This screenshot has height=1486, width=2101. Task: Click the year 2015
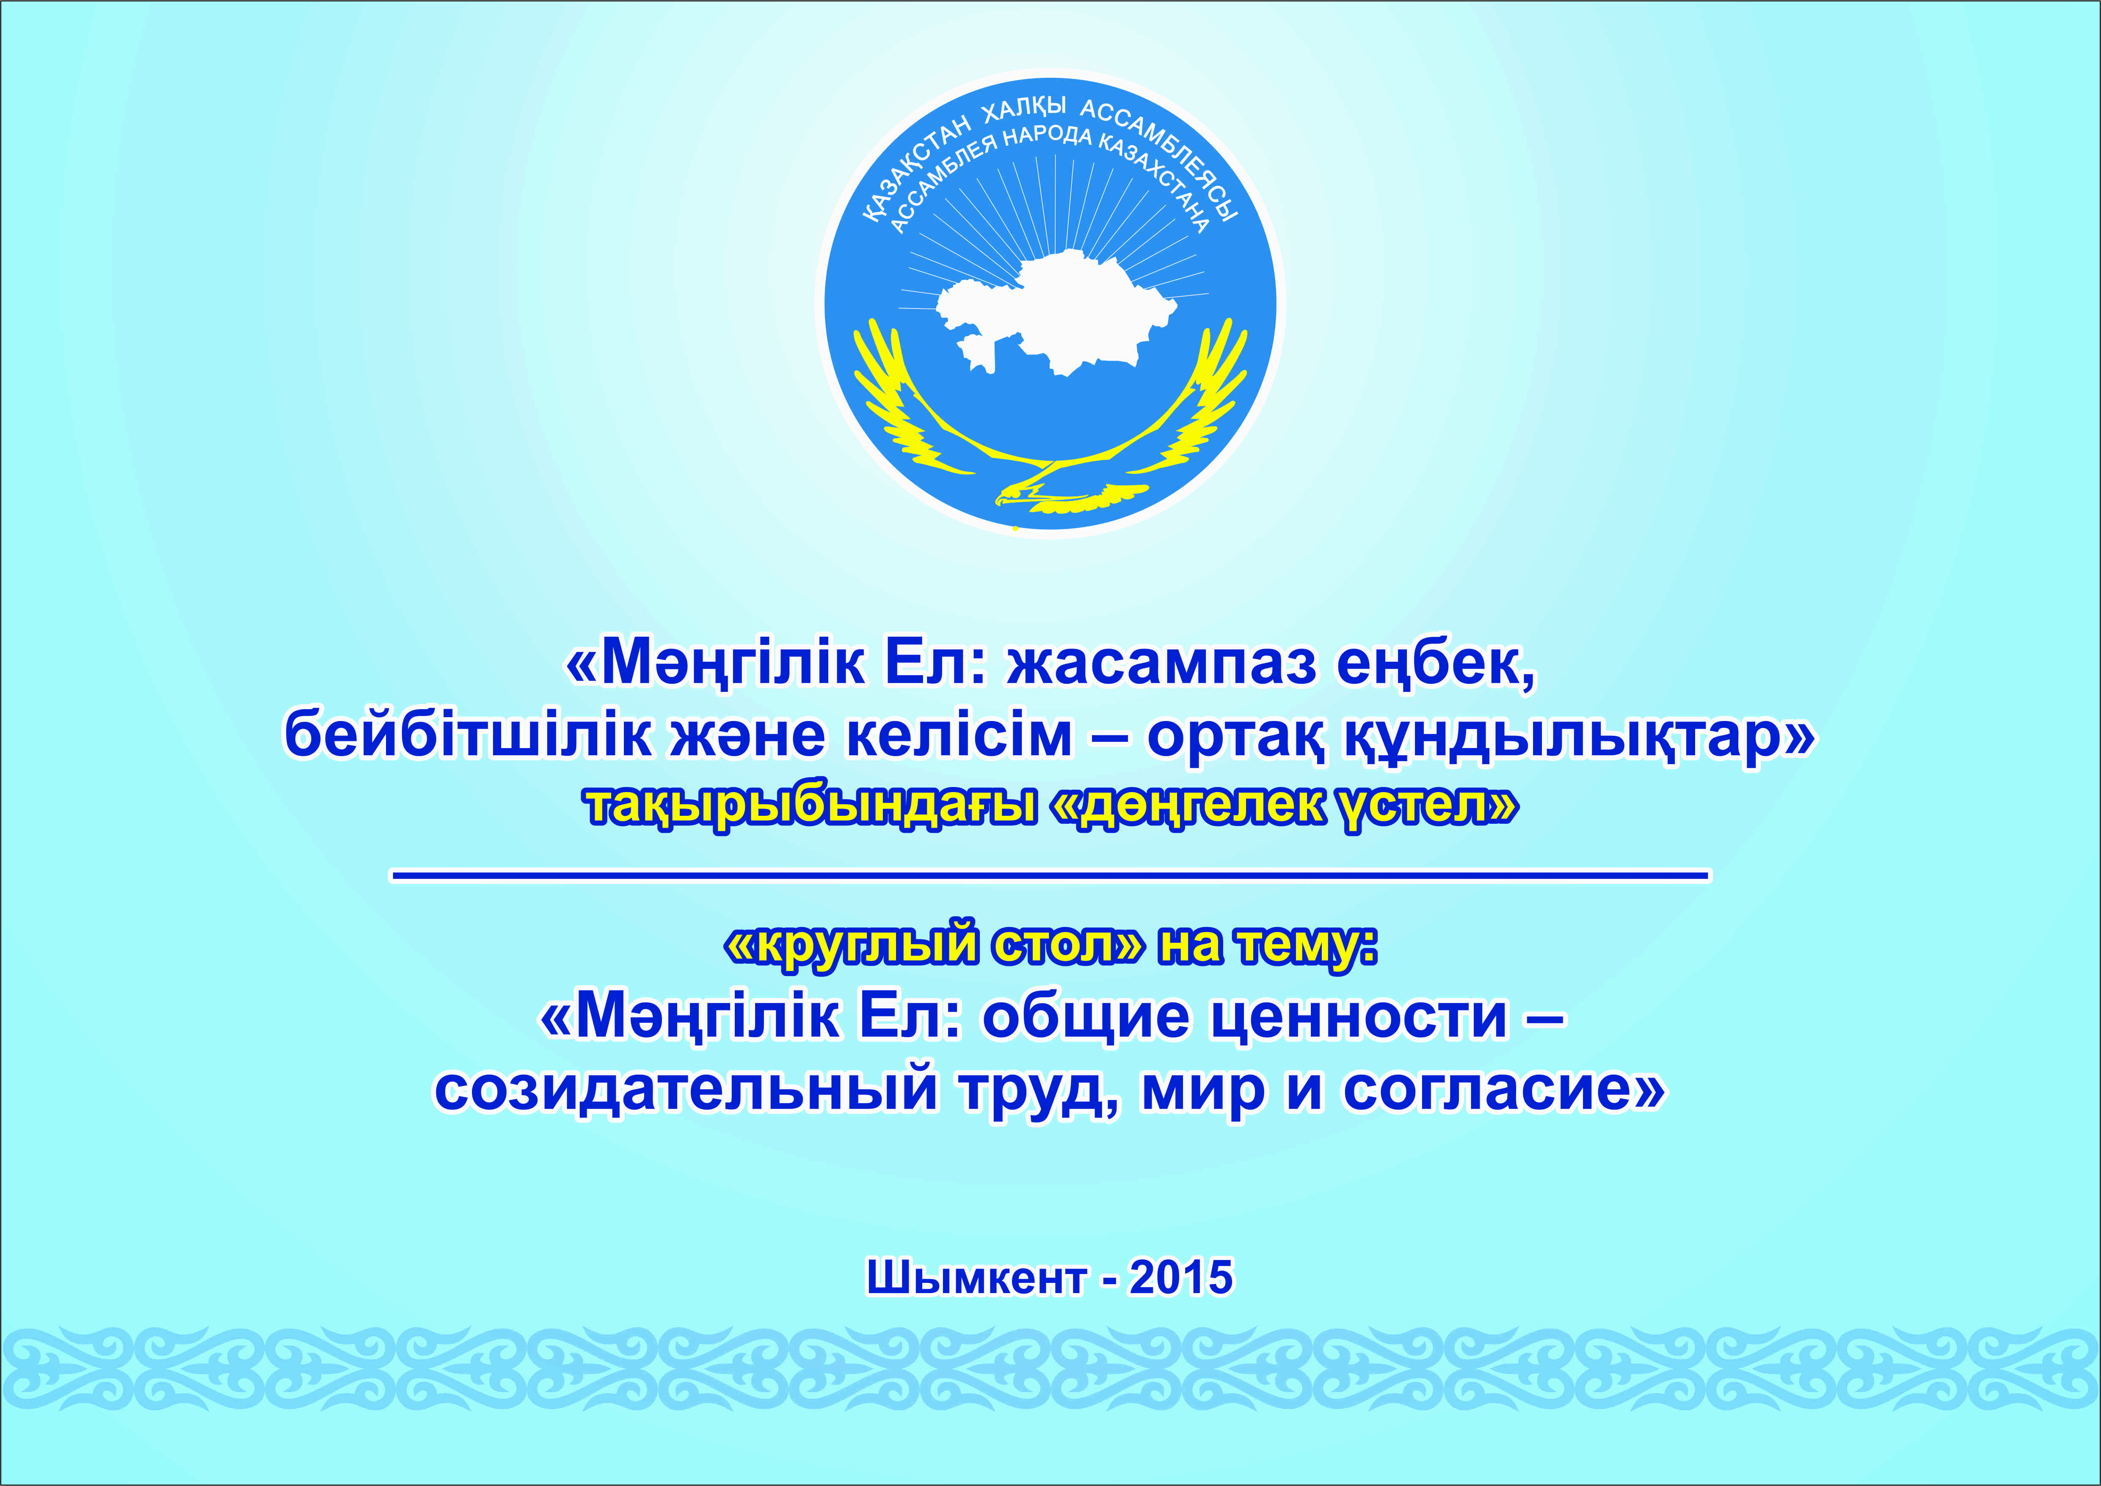(1180, 1277)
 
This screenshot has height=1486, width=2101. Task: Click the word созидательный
(687, 1089)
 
